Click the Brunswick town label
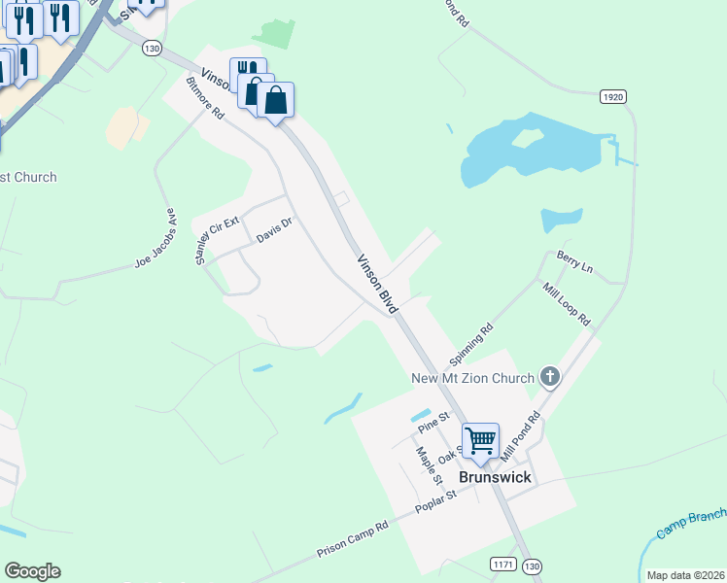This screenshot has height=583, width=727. tap(495, 478)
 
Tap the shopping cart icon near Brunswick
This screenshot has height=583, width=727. tap(480, 440)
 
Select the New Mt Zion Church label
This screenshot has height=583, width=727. tap(472, 378)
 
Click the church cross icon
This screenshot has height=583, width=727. tap(550, 377)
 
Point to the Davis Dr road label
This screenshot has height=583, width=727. tap(274, 230)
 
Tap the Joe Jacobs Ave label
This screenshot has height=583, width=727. tap(155, 239)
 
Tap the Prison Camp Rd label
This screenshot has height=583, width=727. tap(352, 539)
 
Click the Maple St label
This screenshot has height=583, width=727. tap(429, 462)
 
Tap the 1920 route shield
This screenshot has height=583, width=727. tap(611, 96)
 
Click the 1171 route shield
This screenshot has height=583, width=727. tap(502, 565)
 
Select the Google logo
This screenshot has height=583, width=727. tap(32, 571)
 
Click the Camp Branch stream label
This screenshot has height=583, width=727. tap(690, 524)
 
